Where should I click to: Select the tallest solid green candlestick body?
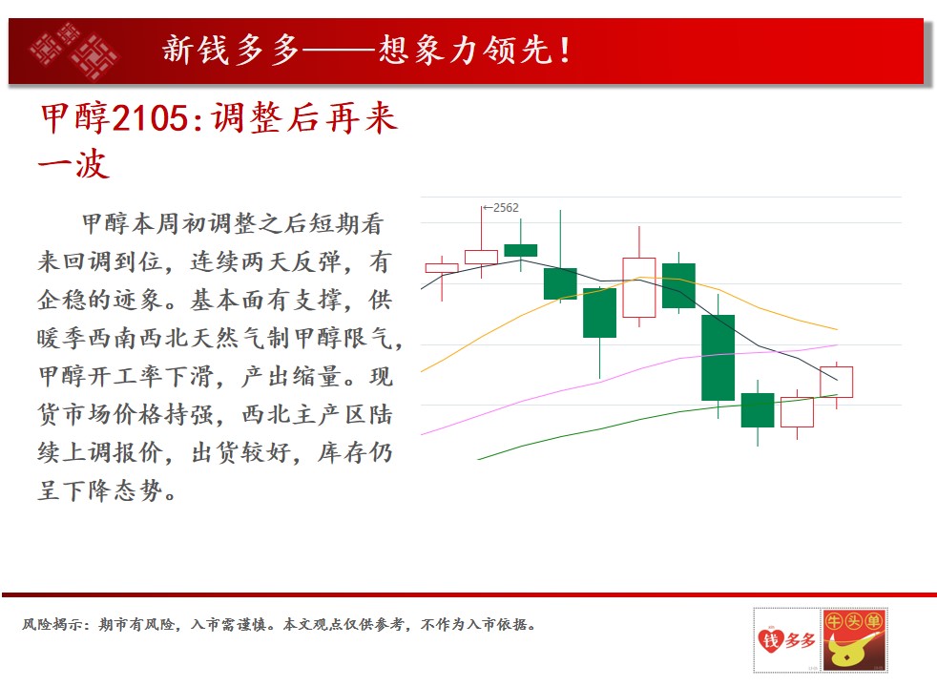(x=718, y=357)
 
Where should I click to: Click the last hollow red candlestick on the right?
(x=837, y=383)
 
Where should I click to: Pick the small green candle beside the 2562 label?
(x=520, y=250)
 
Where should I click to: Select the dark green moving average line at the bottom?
(x=657, y=418)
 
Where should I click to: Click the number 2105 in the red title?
(x=150, y=117)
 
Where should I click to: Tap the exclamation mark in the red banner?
(x=564, y=50)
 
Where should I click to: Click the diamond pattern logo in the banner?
(x=74, y=51)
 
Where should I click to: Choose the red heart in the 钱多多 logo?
(x=771, y=640)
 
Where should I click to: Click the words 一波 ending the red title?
(x=73, y=164)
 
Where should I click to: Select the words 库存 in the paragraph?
(x=343, y=452)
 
